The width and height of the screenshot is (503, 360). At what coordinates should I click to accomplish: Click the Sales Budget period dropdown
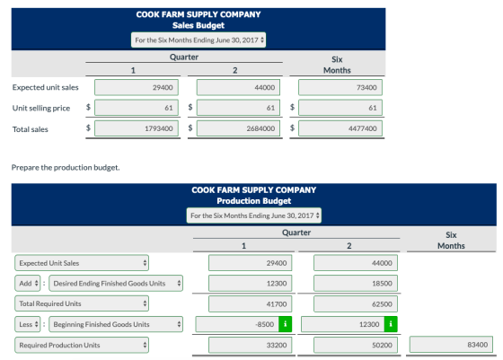[199, 40]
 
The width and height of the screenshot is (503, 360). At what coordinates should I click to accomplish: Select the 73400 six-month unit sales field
[340, 87]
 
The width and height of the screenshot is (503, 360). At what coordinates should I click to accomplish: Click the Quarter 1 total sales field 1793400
[137, 128]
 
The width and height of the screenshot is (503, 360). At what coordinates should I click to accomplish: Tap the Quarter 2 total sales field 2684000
[238, 128]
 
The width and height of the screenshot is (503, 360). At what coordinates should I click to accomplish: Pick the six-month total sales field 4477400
[340, 128]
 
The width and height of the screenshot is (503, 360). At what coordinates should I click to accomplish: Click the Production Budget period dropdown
[253, 215]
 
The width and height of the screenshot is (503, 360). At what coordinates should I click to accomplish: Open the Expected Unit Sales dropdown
[82, 263]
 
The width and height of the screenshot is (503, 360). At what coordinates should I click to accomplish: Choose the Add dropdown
[28, 284]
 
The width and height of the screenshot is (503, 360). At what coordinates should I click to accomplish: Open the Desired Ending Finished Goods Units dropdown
[116, 284]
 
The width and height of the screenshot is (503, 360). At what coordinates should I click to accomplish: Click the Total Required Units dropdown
[82, 303]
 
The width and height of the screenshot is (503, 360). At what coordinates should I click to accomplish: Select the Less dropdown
[28, 324]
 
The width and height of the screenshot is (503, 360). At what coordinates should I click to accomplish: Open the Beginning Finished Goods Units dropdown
[116, 324]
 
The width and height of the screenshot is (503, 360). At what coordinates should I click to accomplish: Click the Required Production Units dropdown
[82, 345]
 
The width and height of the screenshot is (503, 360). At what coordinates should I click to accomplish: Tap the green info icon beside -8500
[286, 324]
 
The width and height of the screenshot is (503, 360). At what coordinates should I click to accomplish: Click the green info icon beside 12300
[391, 324]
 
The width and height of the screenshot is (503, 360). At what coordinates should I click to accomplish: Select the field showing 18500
[356, 284]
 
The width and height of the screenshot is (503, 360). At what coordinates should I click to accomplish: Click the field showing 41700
[251, 304]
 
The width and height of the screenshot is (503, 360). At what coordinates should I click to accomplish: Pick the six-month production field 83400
[451, 345]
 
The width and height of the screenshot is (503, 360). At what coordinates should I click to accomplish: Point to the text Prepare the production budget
[66, 167]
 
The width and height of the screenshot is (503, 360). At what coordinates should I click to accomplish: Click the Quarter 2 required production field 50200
[356, 345]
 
